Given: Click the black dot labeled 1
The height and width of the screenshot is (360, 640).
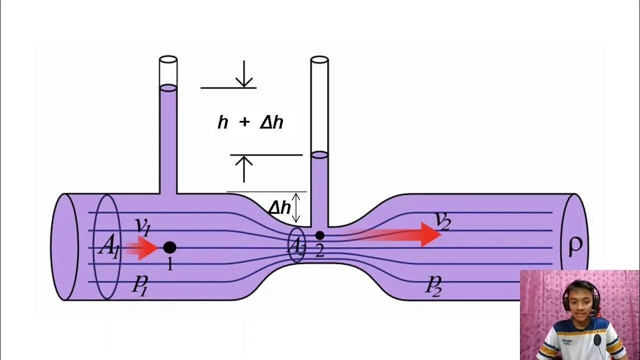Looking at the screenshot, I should point(169,247).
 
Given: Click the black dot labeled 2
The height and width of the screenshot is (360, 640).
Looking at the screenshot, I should point(320,235).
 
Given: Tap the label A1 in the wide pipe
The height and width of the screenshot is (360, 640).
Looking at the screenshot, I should point(108,246).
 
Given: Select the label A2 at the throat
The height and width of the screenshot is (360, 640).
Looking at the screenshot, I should point(296,245).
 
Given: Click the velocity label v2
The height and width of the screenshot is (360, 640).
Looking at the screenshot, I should point(442,220).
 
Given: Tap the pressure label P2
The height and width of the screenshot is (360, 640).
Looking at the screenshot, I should point(433,285).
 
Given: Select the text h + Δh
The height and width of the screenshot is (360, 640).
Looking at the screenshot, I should point(250,122).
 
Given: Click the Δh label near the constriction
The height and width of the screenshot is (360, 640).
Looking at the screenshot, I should point(279,207).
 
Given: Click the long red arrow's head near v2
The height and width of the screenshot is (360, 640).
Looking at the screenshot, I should point(430,234).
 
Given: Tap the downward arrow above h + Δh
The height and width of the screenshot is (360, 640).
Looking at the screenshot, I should point(244,75).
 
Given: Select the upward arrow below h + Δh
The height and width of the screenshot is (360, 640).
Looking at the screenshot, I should point(244,168).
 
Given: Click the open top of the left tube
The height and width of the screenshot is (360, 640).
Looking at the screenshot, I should point(168,59).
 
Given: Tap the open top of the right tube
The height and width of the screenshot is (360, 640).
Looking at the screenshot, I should point(319,59).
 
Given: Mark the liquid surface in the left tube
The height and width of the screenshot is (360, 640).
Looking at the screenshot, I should point(168,88).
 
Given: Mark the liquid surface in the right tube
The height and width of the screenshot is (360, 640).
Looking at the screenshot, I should point(319,155).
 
